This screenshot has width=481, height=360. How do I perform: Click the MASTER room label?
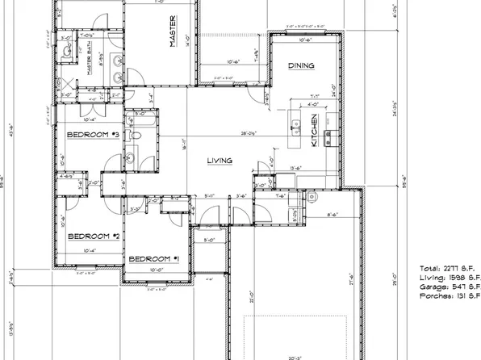pyautogui.click(x=173, y=33)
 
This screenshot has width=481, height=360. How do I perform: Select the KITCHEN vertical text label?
pyautogui.click(x=314, y=130)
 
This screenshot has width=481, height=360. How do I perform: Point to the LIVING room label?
pyautogui.click(x=220, y=161)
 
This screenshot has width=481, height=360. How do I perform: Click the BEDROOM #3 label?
pyautogui.click(x=93, y=135)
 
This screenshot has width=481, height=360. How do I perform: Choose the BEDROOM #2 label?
pyautogui.click(x=93, y=236)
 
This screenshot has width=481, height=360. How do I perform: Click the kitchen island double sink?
pyautogui.click(x=295, y=128)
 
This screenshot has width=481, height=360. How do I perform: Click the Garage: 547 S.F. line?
pyautogui.click(x=449, y=287)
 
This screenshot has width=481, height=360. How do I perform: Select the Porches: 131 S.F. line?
pyautogui.click(x=449, y=297)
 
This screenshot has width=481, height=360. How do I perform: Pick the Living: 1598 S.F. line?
pyautogui.click(x=448, y=277)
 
